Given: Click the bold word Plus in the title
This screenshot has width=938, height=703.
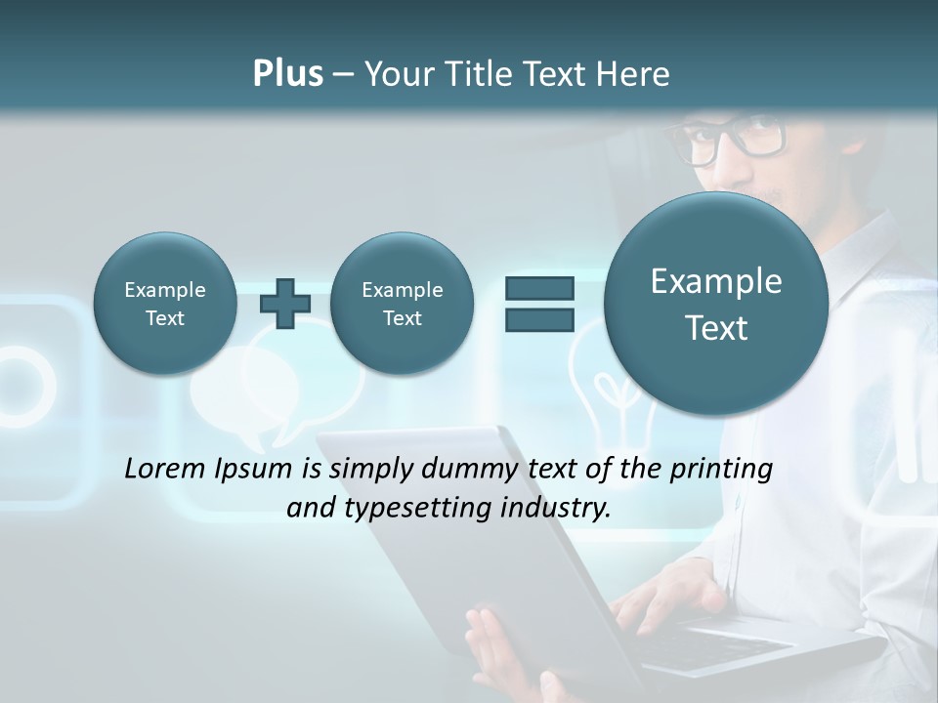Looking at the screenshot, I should pyautogui.click(x=287, y=74).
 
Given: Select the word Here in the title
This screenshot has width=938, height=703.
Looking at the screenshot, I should pyautogui.click(x=633, y=74).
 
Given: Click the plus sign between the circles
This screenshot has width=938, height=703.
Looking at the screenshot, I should pyautogui.click(x=285, y=304).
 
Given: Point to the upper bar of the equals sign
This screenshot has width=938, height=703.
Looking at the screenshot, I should pyautogui.click(x=538, y=289).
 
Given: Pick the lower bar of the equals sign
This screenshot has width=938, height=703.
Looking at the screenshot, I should pyautogui.click(x=538, y=320).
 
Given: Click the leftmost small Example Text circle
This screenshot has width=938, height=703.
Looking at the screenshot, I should pyautogui.click(x=165, y=304).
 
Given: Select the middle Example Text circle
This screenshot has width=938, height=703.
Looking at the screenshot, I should pyautogui.click(x=402, y=304).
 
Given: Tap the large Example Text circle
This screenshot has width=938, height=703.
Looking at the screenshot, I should pyautogui.click(x=716, y=304).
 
